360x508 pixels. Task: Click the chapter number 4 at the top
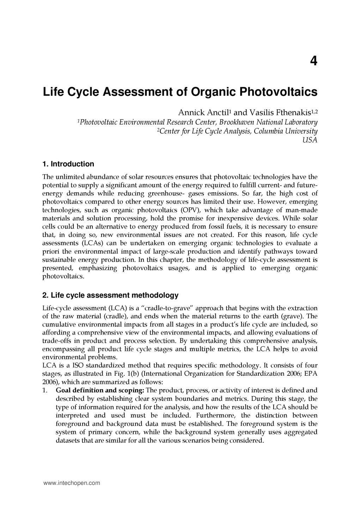(313, 61)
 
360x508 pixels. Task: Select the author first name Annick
(191, 113)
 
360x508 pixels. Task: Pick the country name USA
(310, 140)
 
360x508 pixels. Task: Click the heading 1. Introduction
(68, 164)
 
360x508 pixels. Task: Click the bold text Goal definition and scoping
(99, 390)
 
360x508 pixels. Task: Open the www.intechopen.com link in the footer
(71, 483)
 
